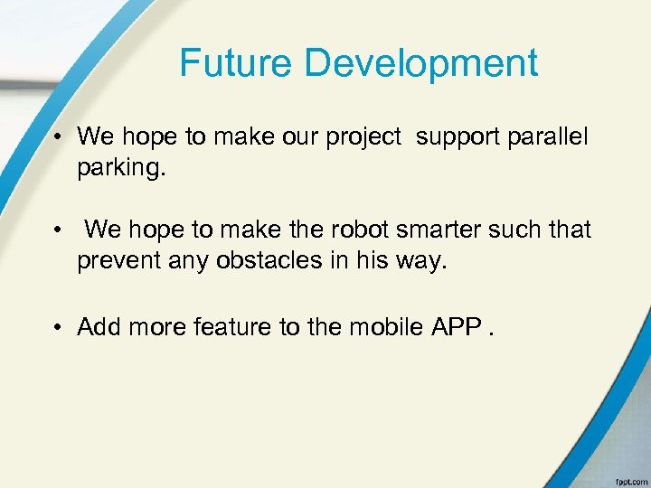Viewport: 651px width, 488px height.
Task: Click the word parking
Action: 122,168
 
